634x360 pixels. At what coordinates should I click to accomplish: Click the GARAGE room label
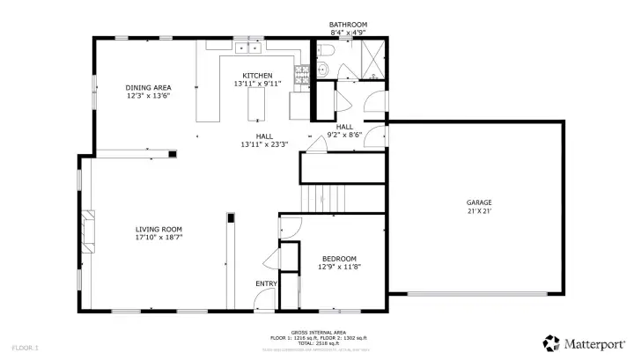(x=479, y=202)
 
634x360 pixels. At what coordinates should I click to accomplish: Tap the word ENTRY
(x=266, y=283)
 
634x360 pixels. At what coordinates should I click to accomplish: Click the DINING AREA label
(x=148, y=87)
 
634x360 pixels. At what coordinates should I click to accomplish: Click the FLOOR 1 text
(x=26, y=349)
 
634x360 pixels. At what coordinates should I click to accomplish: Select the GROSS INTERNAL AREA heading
(x=317, y=332)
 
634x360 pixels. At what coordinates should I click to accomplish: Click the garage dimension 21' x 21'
(x=479, y=211)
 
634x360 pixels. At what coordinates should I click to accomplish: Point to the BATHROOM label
(x=348, y=25)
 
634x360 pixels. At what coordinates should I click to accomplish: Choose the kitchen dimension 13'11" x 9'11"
(x=258, y=84)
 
